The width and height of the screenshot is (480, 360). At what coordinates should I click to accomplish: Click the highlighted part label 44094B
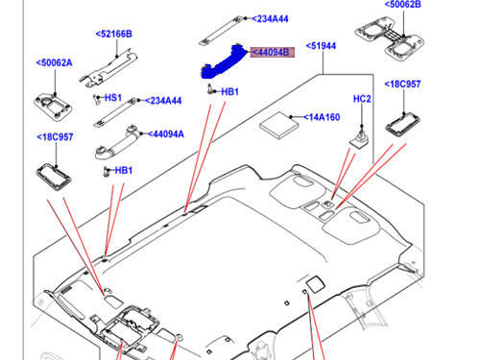(273, 52)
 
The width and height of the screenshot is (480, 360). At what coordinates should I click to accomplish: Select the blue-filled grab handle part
(224, 62)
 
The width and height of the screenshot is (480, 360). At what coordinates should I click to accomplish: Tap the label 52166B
(114, 34)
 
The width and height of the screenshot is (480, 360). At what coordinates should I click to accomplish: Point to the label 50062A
(55, 62)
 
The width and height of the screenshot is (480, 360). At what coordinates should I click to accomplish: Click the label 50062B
(403, 5)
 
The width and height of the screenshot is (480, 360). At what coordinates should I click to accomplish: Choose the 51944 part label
(321, 46)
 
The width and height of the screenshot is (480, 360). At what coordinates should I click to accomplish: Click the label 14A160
(322, 117)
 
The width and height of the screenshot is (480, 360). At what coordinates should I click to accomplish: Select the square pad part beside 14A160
(278, 125)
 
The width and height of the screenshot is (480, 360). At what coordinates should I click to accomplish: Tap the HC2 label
(362, 99)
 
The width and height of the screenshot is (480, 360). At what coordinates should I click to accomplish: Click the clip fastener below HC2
(359, 138)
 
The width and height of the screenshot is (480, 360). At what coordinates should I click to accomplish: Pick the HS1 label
(113, 98)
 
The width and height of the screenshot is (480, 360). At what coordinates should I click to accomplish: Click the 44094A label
(166, 134)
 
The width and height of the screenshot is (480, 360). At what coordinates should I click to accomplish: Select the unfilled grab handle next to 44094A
(117, 144)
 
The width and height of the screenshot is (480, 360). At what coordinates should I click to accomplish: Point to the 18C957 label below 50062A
(55, 137)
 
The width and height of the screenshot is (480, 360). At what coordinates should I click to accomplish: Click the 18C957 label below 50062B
(402, 84)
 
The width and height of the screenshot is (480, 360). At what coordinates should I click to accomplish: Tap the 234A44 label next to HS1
(163, 101)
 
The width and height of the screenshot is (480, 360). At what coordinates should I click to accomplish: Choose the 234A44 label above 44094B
(270, 19)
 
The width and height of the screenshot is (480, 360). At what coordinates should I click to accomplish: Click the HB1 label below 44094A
(124, 170)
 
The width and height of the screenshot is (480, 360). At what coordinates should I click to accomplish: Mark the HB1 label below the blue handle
(230, 92)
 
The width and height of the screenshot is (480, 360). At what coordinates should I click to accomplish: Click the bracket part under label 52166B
(108, 68)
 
